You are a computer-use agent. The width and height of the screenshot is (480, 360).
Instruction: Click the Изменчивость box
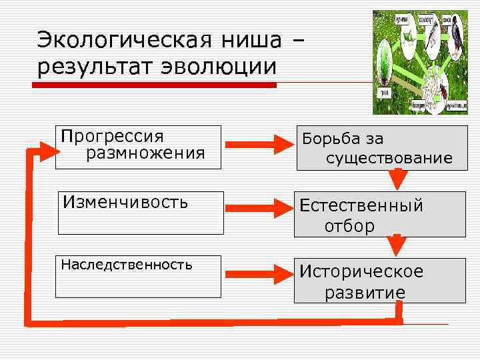coord(141,213)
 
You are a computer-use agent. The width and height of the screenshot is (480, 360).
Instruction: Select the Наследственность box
coord(138,276)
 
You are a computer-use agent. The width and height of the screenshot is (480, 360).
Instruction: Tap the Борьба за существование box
coord(379,148)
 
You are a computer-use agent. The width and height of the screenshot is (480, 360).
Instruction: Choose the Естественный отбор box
coord(379,215)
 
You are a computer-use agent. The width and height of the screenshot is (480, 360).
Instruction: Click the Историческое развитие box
coord(379,281)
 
